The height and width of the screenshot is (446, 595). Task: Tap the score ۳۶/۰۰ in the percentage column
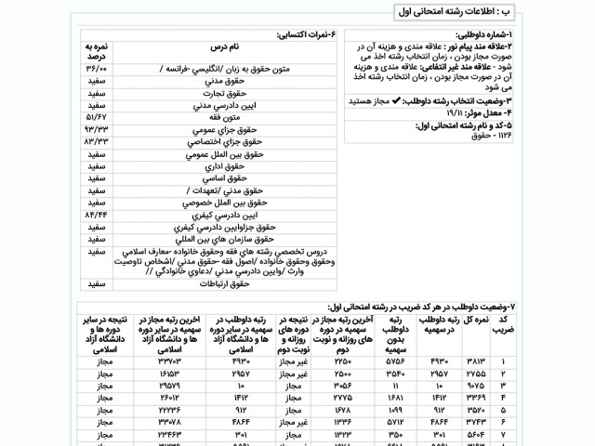click(x=98, y=68)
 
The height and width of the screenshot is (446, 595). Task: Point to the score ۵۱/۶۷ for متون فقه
click(x=98, y=120)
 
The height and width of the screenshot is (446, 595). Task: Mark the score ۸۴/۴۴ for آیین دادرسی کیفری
click(x=98, y=214)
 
